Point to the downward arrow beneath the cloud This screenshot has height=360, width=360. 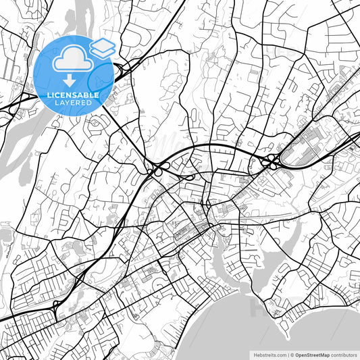click(70, 82)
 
